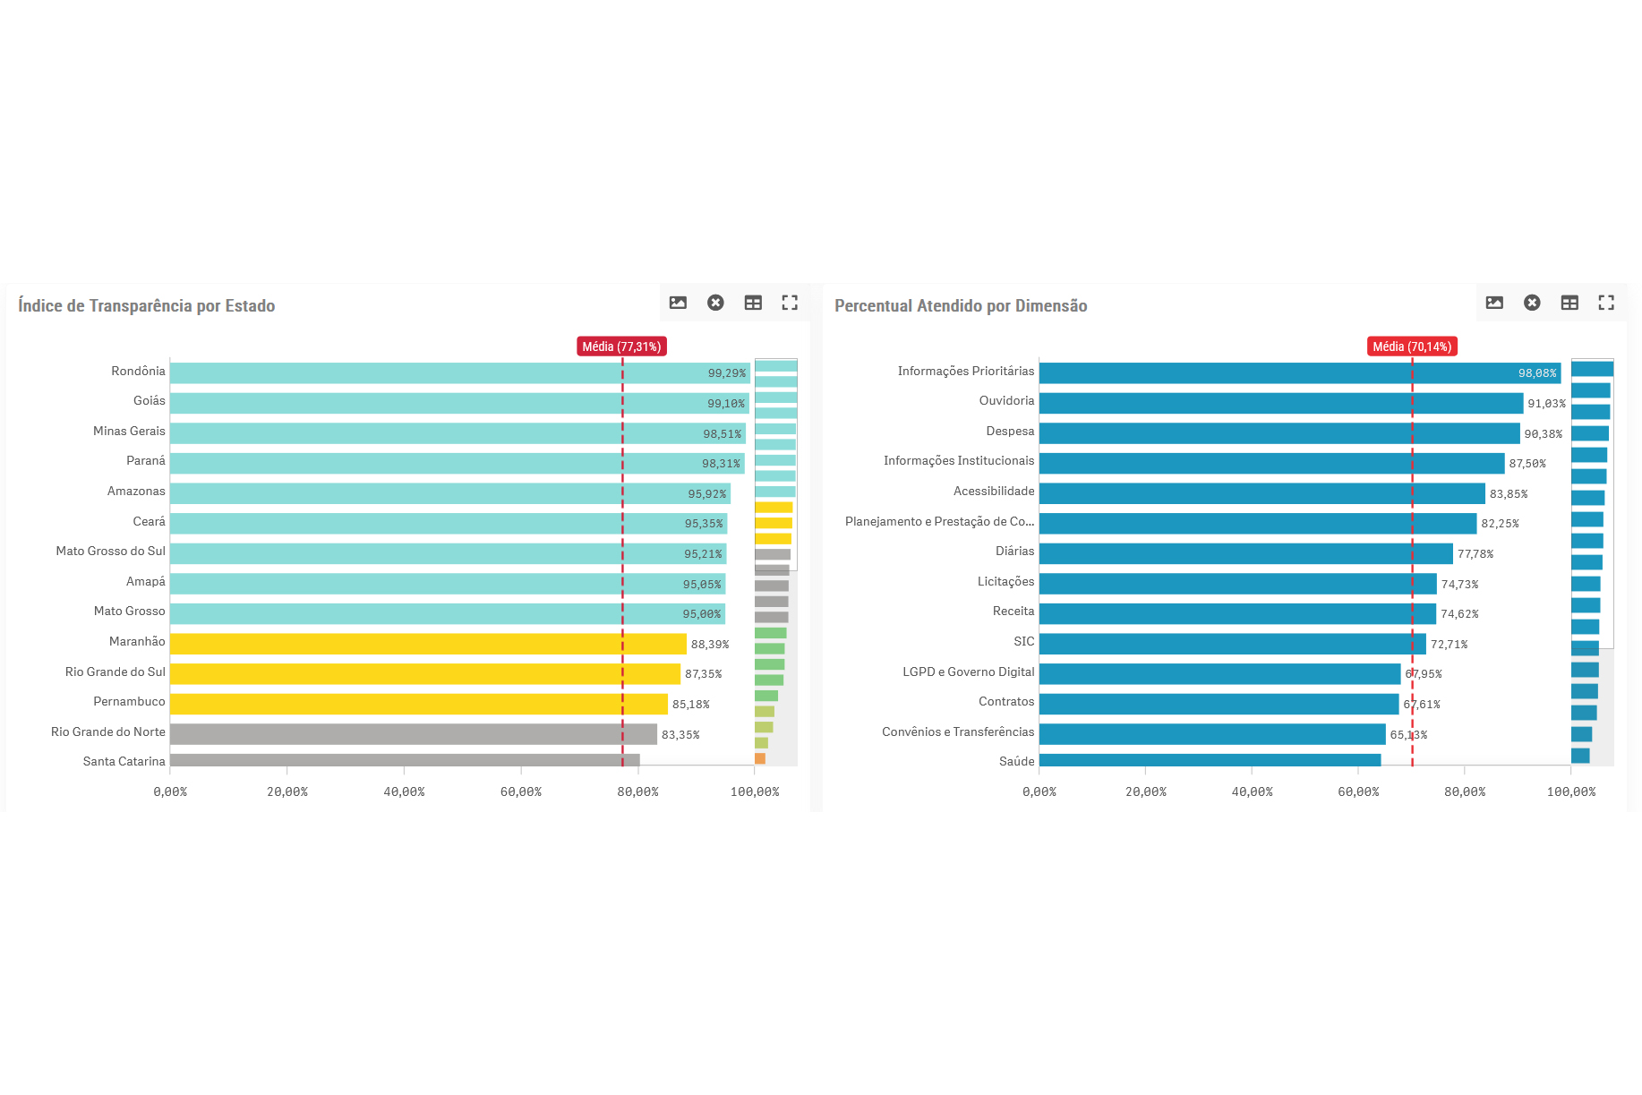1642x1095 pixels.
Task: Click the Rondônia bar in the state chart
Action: click(x=430, y=373)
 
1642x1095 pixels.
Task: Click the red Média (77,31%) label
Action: click(x=621, y=346)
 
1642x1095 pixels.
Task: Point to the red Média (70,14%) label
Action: click(x=1412, y=346)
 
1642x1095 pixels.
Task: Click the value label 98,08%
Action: click(x=1536, y=373)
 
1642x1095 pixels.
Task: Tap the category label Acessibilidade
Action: click(x=994, y=491)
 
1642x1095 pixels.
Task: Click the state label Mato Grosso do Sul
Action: click(x=111, y=551)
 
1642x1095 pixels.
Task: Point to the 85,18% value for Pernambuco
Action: click(x=690, y=705)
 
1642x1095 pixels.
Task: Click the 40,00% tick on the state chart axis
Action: click(x=404, y=791)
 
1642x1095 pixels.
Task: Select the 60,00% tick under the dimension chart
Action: click(x=1358, y=791)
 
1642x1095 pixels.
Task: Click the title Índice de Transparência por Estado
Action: click(x=147, y=305)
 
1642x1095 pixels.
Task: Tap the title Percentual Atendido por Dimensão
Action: click(x=961, y=305)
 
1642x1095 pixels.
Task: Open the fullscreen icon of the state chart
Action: click(x=790, y=303)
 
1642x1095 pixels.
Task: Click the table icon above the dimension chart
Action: click(x=1569, y=303)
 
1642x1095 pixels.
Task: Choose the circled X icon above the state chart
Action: click(x=715, y=303)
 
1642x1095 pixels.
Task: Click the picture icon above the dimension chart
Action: click(x=1494, y=303)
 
